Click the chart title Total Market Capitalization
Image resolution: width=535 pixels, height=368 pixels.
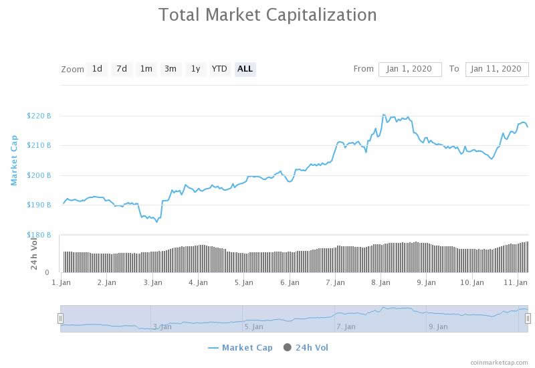tap(267, 15)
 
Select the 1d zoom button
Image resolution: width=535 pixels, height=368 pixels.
tap(97, 69)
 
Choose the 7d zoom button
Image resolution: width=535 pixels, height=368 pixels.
tap(121, 69)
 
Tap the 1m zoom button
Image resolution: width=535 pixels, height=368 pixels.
tap(146, 69)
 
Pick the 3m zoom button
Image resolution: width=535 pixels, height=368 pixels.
tap(171, 69)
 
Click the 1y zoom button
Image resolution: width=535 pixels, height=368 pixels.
tap(195, 69)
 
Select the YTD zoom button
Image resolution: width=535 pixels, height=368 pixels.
tap(219, 69)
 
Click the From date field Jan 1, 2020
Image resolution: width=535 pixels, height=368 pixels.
tap(410, 69)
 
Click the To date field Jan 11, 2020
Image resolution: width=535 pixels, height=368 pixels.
tap(496, 69)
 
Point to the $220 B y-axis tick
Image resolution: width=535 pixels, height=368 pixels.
tap(39, 116)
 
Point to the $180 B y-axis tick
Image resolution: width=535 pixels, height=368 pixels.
tap(39, 235)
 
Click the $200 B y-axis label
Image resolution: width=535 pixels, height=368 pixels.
tap(39, 175)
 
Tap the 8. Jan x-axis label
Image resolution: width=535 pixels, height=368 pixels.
tap(381, 282)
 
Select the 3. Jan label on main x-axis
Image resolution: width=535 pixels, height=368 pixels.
tap(152, 282)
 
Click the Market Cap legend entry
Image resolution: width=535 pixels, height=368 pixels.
tap(240, 347)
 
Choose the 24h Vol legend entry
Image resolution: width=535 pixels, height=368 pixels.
tap(306, 347)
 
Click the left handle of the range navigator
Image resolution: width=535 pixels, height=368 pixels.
tap(60, 318)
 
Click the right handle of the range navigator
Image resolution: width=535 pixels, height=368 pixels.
tap(528, 318)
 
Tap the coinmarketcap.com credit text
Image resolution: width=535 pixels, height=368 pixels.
tap(499, 362)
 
